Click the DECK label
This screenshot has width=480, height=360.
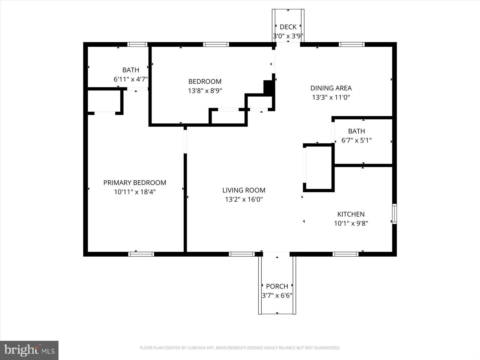coord(288,27)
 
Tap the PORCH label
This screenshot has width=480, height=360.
coord(277,286)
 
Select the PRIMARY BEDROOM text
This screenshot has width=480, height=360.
coord(135,182)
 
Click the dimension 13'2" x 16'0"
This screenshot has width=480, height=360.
coord(244,199)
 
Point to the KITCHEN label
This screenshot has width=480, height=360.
coord(351,214)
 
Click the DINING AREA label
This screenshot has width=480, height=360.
coord(331,88)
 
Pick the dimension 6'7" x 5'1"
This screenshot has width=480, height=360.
coord(356,140)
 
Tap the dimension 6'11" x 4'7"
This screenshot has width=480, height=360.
coord(130,79)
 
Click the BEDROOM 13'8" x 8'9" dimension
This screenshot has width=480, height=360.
coord(205,91)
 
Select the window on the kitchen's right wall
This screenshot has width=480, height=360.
coord(394,214)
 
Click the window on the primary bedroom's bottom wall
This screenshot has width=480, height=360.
coord(141,254)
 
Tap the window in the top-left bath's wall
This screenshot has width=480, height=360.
coord(137,44)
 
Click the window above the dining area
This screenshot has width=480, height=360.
coord(352,44)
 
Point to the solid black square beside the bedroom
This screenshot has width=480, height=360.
coord(268,87)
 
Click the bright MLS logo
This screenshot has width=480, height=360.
coord(29,350)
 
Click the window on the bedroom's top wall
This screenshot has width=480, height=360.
coord(216,44)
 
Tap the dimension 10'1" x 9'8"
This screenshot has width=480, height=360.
coord(351,223)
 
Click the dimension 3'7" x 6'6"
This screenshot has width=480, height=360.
coord(277,295)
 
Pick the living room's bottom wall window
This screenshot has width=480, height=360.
coord(242,254)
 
